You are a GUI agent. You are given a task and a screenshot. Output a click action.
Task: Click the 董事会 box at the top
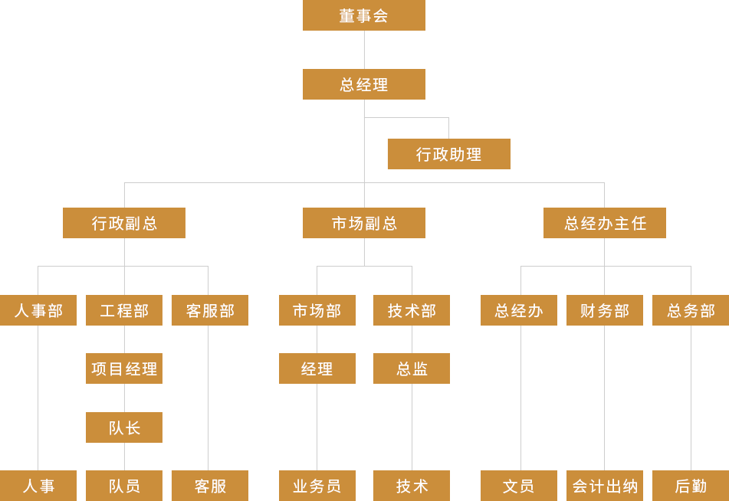(x=363, y=15)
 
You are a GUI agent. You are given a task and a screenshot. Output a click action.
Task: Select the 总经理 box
(x=363, y=84)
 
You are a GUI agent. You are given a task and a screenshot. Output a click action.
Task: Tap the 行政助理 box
(x=448, y=154)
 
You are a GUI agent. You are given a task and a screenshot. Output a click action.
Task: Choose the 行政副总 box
(x=123, y=223)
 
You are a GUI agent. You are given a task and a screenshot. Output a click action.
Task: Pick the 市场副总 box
(x=363, y=223)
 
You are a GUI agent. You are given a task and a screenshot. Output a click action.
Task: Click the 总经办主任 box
(x=604, y=223)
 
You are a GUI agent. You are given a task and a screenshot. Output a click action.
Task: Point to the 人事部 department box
(x=38, y=310)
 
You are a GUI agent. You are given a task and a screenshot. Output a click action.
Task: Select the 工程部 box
(x=123, y=310)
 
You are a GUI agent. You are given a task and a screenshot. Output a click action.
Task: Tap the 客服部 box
(x=209, y=310)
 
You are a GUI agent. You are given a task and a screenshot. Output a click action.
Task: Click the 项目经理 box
(x=123, y=368)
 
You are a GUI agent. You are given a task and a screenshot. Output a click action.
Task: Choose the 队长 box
(x=123, y=427)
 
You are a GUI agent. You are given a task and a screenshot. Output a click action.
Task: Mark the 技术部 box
(x=411, y=310)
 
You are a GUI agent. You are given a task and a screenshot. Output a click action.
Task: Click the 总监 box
(x=411, y=368)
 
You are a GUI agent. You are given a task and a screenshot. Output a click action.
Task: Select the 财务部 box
(x=605, y=310)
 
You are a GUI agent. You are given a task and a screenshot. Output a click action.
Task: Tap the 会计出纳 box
(x=605, y=486)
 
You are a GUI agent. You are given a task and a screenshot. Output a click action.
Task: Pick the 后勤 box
(x=690, y=486)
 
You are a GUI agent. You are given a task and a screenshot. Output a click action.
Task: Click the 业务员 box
(x=317, y=486)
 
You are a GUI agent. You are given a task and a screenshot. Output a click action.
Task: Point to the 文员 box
(x=518, y=486)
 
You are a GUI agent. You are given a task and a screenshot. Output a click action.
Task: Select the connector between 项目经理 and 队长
(x=123, y=398)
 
